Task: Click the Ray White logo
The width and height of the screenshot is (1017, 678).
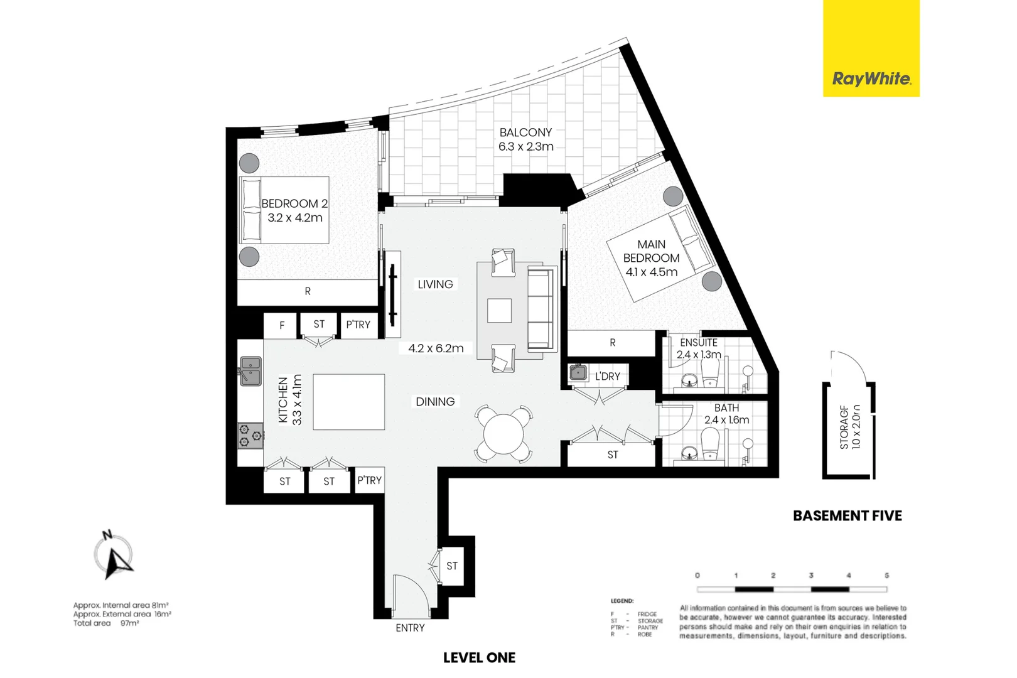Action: pos(871,78)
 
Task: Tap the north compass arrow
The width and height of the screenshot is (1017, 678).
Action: pos(116,560)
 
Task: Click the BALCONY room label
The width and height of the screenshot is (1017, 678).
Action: pos(525,132)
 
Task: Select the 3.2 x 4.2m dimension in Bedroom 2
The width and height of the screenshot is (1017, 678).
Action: pos(294,218)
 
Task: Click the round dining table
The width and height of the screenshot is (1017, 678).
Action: pos(503,434)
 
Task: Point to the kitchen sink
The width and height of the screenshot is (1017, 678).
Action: pos(250,370)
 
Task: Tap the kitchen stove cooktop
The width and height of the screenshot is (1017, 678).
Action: pos(250,435)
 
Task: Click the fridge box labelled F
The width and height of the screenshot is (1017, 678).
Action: pos(281,325)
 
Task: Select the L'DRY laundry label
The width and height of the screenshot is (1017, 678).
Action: pos(607,376)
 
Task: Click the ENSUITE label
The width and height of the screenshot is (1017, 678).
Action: pos(698,343)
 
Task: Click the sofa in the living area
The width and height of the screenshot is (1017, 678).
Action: pos(541,308)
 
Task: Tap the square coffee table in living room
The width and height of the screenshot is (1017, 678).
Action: pos(499,310)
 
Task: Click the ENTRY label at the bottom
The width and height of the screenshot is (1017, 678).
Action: pos(410,628)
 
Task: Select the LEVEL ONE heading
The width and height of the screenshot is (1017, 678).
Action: pos(479,657)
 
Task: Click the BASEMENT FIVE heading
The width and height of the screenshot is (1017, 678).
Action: pos(847,515)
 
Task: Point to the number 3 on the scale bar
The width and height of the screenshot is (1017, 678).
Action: pos(810,575)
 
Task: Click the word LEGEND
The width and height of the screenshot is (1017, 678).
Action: pos(621,601)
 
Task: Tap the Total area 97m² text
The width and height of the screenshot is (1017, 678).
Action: pos(106,623)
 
